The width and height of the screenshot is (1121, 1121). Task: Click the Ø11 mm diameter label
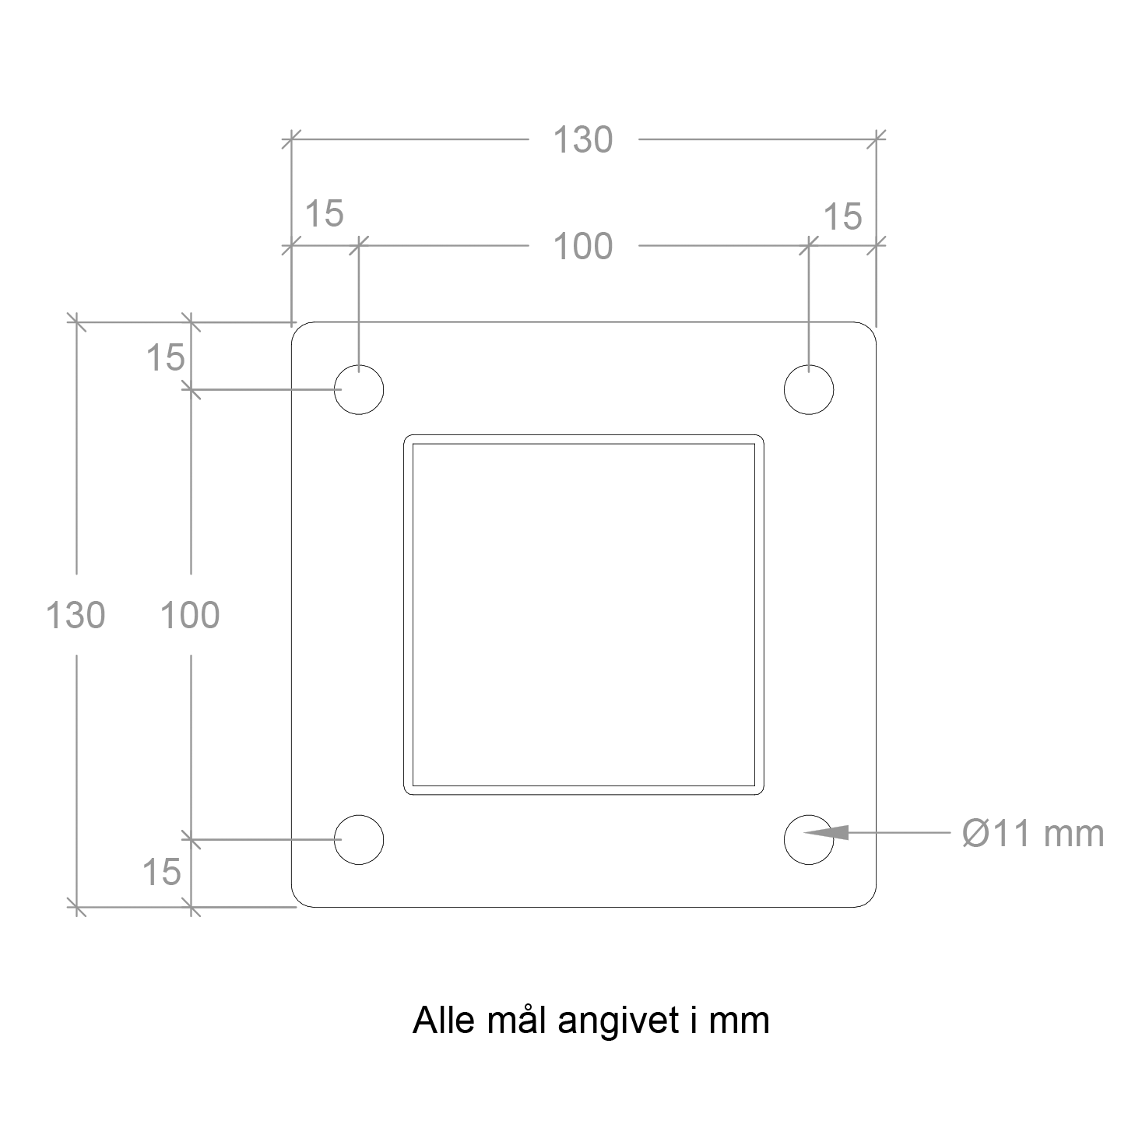point(1032,833)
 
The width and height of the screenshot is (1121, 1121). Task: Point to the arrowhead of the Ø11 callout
point(804,832)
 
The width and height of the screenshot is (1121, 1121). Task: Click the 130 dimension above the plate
point(582,139)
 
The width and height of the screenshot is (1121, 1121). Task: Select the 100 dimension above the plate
point(582,246)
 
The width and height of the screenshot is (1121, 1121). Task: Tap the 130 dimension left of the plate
point(75,615)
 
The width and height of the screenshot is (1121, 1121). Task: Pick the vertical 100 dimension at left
point(190,615)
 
